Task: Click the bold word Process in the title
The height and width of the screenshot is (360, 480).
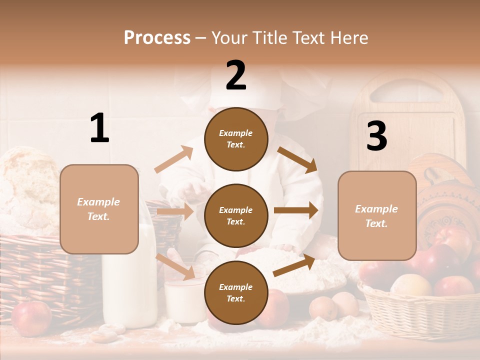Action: coord(157,37)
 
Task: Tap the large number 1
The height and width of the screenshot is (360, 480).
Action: coord(99,128)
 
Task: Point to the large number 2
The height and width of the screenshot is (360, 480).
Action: coord(236,75)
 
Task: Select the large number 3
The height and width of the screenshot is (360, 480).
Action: coord(376,136)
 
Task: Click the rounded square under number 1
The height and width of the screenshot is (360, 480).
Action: coord(99,209)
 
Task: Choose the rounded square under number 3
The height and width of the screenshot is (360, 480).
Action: coord(377,215)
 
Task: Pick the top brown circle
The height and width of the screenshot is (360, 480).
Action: coord(236,139)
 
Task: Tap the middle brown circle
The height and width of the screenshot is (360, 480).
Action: coord(236,215)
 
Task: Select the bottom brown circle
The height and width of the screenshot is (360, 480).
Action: coord(236,292)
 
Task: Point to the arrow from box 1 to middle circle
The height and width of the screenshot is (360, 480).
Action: coord(175,212)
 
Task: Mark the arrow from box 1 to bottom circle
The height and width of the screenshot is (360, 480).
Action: coord(175,266)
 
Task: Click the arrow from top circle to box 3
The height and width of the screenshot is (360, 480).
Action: coord(297,159)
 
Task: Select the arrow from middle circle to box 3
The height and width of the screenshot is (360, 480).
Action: coord(295,210)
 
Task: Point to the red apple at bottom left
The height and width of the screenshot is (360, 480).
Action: coord(31,317)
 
